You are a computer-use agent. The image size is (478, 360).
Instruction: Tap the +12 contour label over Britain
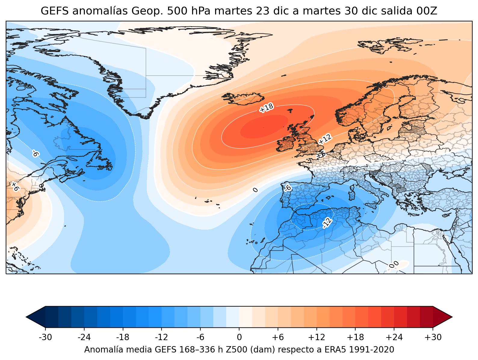pos(325,139)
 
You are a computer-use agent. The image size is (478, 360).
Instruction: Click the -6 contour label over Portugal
pos(288,188)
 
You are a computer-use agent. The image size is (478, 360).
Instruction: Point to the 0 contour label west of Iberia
pos(255,190)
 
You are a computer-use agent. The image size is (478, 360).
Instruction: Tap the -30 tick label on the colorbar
pos(45,337)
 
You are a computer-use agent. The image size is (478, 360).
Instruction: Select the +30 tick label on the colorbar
pos(433,337)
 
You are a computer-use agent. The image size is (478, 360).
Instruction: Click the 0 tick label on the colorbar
pos(239,337)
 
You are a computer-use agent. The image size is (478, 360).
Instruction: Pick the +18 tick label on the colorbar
pos(355,337)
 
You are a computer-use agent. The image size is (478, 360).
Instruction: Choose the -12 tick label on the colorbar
pos(162,337)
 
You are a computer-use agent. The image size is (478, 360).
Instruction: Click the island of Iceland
pos(242,99)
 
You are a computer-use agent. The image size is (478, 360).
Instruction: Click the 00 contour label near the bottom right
pos(394,265)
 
